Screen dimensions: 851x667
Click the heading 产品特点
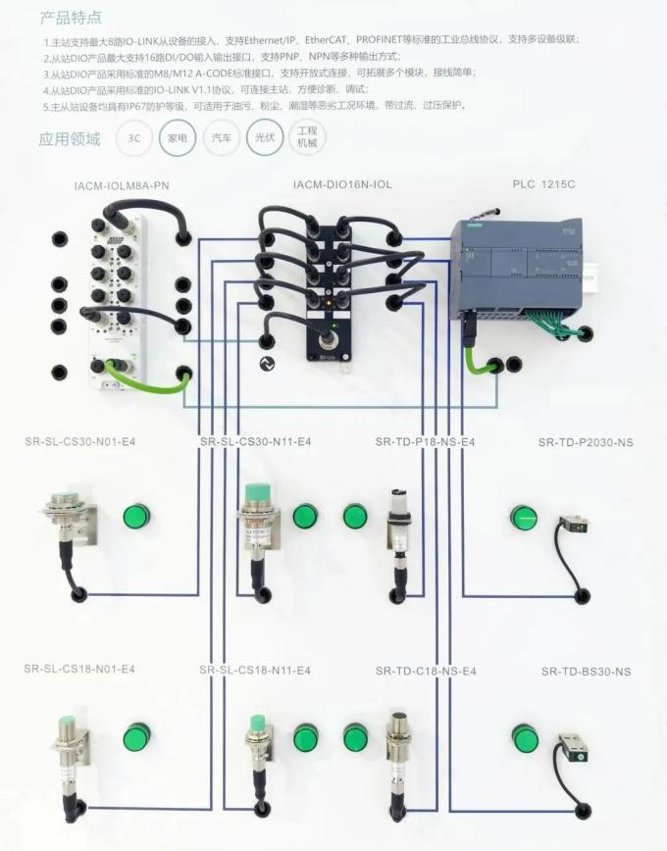[x=70, y=18]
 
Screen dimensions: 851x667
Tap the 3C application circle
[x=134, y=138]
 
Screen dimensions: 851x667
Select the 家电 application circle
[x=178, y=138]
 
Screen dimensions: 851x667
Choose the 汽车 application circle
[x=221, y=138]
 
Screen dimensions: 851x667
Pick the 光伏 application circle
[x=264, y=138]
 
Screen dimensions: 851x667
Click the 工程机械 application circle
[x=307, y=138]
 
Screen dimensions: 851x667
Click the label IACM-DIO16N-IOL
[x=341, y=185]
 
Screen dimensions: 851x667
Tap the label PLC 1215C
[x=543, y=185]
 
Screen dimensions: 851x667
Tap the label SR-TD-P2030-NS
[x=586, y=442]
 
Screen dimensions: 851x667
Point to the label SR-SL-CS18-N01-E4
[x=79, y=669]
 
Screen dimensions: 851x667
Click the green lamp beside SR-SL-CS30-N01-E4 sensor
[x=135, y=516]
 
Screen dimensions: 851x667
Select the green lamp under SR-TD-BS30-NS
[x=526, y=738]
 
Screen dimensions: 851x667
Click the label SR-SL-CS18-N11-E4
[x=255, y=670]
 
